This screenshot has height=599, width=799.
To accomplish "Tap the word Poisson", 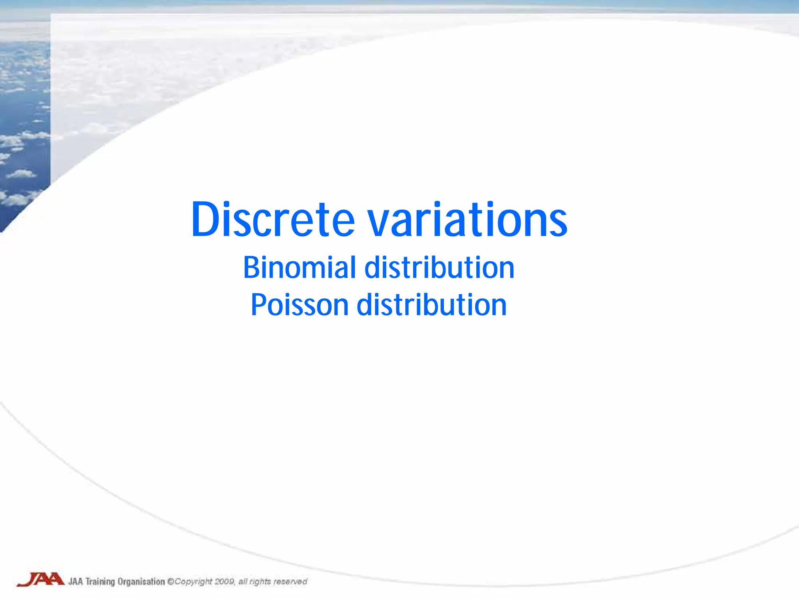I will pos(299,305).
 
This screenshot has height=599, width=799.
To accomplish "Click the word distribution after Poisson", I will pos(431,305).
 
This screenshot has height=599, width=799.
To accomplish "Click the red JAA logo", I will pos(40,580).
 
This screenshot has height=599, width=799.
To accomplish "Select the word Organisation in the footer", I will pos(141,582).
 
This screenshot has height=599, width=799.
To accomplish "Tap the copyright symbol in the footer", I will pos(170,581).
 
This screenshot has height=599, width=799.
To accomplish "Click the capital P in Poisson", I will pos(258,305).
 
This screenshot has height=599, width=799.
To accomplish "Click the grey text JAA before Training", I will pos(75,582).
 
